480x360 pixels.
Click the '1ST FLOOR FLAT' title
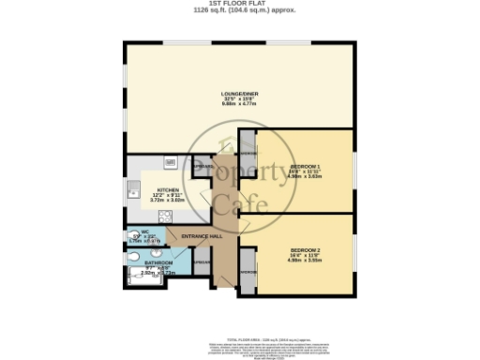tap(240, 5)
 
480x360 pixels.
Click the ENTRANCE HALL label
tap(202, 235)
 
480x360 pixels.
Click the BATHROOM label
tap(157, 263)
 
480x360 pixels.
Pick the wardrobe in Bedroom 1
tap(248, 149)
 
